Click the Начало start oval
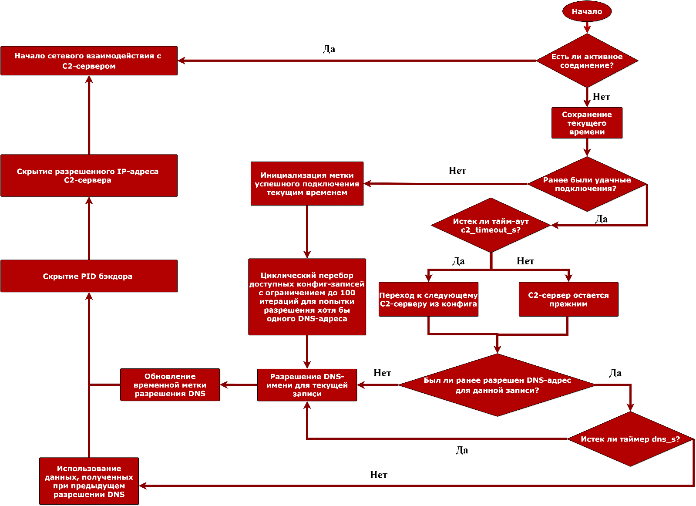(x=587, y=12)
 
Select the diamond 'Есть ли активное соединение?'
(x=587, y=61)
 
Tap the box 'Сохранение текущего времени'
(x=587, y=123)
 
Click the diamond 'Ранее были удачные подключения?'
(x=587, y=184)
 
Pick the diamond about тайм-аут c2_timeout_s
(x=491, y=226)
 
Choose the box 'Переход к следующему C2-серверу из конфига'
(x=428, y=299)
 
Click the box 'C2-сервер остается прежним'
(x=568, y=299)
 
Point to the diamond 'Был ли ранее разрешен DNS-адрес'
(x=497, y=385)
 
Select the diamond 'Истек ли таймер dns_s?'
(x=630, y=439)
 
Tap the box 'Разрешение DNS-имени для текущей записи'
(x=307, y=385)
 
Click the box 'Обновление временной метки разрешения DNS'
(x=170, y=385)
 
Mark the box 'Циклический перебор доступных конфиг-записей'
(x=307, y=297)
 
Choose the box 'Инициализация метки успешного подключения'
(x=307, y=184)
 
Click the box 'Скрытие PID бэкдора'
(x=89, y=276)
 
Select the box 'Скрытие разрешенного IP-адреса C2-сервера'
(x=89, y=175)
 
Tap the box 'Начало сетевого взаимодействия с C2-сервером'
(x=89, y=61)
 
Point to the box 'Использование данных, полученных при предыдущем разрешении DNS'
(x=89, y=481)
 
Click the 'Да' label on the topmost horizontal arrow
(x=329, y=49)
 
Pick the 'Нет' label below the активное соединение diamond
(x=601, y=97)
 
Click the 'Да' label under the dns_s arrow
(x=462, y=450)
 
